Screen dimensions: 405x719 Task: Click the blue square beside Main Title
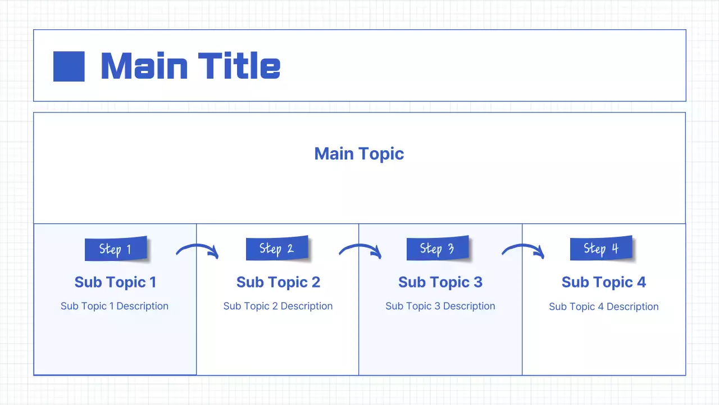[69, 66]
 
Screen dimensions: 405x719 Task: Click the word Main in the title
[144, 66]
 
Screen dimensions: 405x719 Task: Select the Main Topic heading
[359, 154]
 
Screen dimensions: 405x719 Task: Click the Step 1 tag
[116, 249]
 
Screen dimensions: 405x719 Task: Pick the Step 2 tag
[277, 248]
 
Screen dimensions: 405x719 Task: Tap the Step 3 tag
[438, 248]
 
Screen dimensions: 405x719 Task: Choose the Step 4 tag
[601, 248]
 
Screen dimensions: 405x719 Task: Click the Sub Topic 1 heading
[115, 282]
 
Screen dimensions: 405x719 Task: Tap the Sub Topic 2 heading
[278, 282]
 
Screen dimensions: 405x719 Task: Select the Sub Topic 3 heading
[440, 282]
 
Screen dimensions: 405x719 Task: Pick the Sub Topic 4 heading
[604, 282]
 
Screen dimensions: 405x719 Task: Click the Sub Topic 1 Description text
[115, 306]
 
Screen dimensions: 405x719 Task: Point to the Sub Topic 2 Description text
[278, 306]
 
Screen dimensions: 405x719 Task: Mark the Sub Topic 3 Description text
[440, 306]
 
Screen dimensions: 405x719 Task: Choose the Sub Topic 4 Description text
[604, 307]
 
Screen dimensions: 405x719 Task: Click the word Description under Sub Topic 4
[632, 307]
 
